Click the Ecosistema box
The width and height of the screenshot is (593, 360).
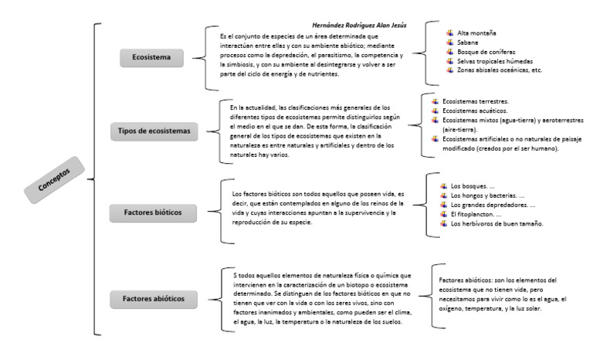[156, 56]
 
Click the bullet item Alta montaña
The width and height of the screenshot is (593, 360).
[476, 33]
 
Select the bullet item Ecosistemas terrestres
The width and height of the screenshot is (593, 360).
[475, 101]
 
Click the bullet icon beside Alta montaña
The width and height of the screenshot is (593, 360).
[449, 33]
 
